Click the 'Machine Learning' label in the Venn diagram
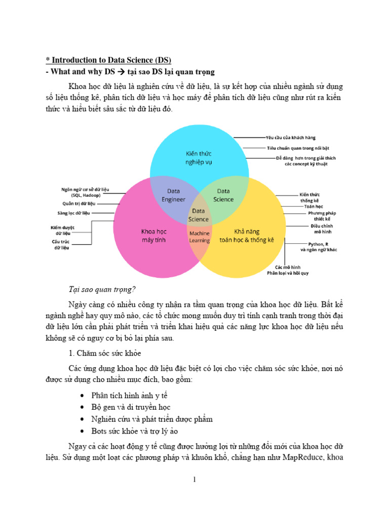point(199,237)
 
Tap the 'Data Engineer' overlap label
point(174,195)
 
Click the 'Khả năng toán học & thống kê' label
point(247,236)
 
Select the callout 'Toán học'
point(314,206)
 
